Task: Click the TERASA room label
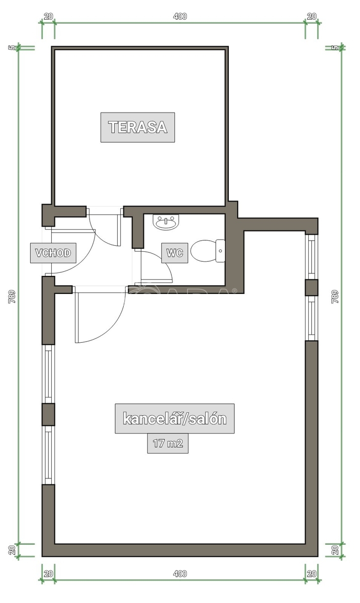click(x=138, y=127)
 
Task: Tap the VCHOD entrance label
click(x=53, y=253)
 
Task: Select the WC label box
click(x=174, y=253)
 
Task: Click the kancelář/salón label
click(x=174, y=419)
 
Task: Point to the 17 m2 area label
click(x=168, y=443)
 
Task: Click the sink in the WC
click(x=166, y=222)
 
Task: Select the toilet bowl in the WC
click(x=208, y=251)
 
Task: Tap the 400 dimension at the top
click(x=180, y=17)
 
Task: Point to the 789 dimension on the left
click(x=13, y=296)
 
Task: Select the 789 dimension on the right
click(x=335, y=296)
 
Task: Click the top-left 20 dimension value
click(x=48, y=17)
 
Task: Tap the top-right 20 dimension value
click(x=312, y=17)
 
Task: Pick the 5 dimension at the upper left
click(x=12, y=48)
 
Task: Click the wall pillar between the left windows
click(x=48, y=414)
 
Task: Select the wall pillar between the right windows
click(x=312, y=287)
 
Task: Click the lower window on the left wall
click(x=48, y=455)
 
